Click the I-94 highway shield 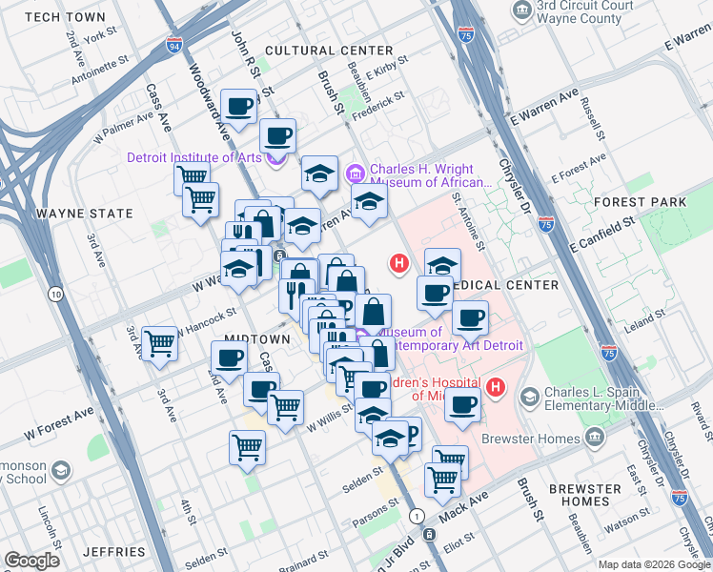click(173, 45)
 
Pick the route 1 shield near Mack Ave click(417, 515)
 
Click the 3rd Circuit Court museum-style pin click(521, 10)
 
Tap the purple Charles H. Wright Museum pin click(356, 174)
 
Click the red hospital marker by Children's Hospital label click(495, 386)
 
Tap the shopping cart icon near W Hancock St click(159, 342)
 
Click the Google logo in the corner click(31, 560)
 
